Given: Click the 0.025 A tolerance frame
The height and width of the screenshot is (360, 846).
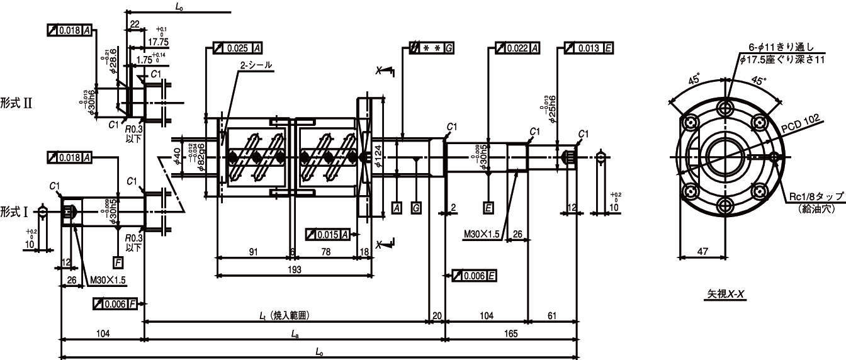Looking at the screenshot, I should pyautogui.click(x=238, y=48).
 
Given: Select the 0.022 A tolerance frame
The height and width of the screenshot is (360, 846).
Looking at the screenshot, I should pyautogui.click(x=518, y=48).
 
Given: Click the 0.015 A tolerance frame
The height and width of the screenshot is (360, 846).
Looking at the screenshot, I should pyautogui.click(x=328, y=234).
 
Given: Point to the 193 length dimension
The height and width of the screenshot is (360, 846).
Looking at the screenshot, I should pyautogui.click(x=293, y=269).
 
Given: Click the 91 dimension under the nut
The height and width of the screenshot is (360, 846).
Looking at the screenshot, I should pyautogui.click(x=253, y=252).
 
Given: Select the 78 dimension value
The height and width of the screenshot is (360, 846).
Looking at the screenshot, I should pyautogui.click(x=326, y=252).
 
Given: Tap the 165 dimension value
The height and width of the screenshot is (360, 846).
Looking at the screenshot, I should pyautogui.click(x=510, y=334).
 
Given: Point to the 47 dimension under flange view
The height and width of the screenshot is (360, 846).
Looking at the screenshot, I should pyautogui.click(x=703, y=251).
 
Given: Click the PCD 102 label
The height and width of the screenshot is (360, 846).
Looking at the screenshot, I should pyautogui.click(x=801, y=125).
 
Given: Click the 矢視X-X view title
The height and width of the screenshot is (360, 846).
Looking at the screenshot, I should pyautogui.click(x=726, y=294).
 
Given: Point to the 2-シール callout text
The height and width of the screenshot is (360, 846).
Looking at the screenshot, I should pyautogui.click(x=255, y=65).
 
